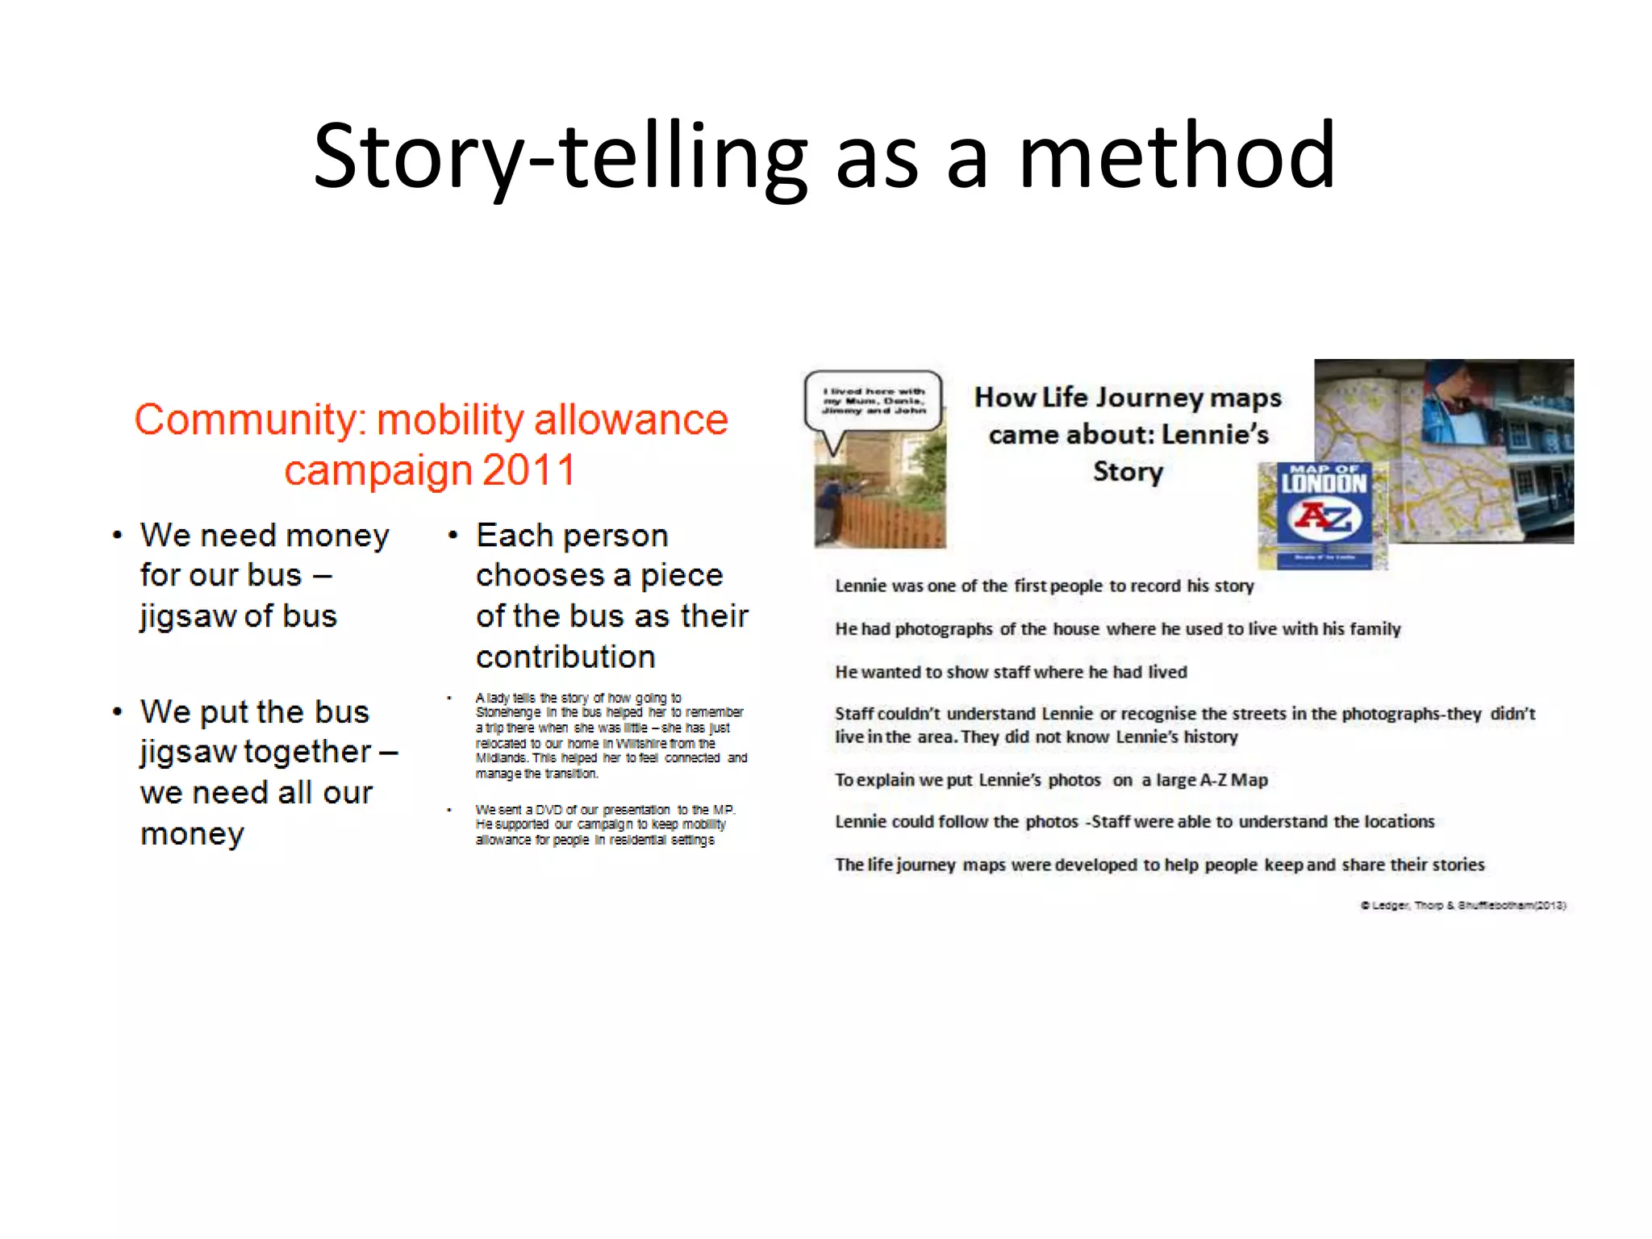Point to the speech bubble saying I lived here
pos(874,401)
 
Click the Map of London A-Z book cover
pos(1323,515)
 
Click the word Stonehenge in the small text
pos(507,712)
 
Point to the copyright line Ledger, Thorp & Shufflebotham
pos(1463,905)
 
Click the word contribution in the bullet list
pos(565,657)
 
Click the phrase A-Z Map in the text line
pos(1233,780)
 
